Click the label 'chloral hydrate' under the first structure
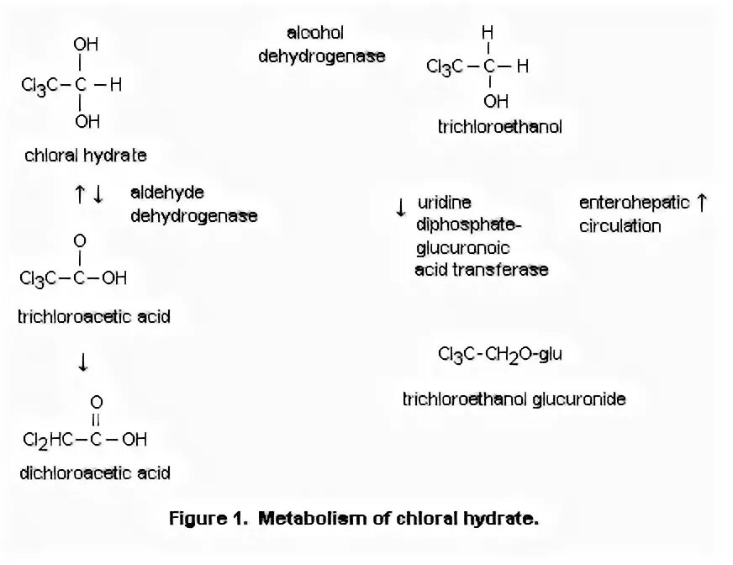85,156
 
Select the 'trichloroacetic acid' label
94,317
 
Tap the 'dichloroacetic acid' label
95,473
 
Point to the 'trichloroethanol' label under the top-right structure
499,126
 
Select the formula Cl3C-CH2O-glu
499,354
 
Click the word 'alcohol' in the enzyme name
315,33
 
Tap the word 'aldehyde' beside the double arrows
166,193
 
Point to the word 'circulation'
620,226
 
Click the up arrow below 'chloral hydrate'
79,194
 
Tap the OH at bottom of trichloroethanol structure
495,102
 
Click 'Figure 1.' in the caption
205,519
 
